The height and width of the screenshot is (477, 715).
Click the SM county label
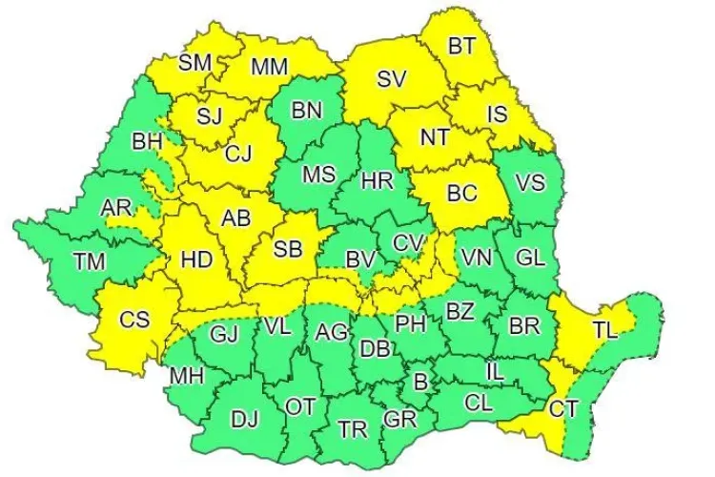point(194,63)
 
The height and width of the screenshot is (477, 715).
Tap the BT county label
point(462,45)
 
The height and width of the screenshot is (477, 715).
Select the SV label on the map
point(391,79)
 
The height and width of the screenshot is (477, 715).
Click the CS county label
point(134,320)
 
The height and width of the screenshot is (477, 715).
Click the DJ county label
point(245,417)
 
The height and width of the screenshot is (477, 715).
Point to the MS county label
point(318,175)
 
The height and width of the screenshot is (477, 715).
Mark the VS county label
point(530,181)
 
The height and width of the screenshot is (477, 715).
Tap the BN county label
point(307,111)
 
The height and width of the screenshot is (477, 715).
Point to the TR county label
point(353,429)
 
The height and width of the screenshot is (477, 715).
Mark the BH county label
point(148,141)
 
